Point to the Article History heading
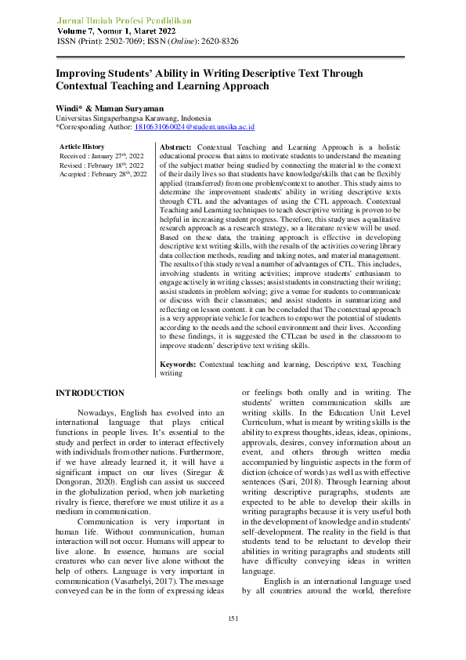coord(82,147)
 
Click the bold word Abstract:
coord(175,147)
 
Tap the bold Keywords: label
coord(179,364)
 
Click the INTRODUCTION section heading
coord(89,393)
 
